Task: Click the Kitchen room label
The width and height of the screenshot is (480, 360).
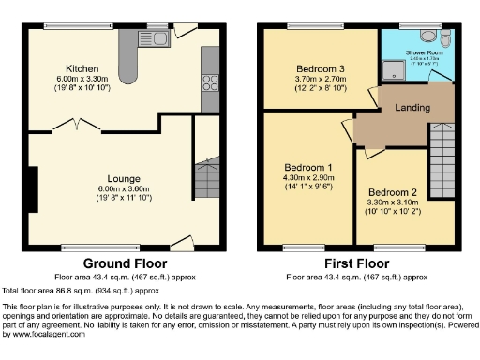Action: click(82, 68)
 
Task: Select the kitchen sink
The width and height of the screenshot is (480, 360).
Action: click(154, 37)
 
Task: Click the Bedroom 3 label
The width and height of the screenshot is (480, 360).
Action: click(321, 69)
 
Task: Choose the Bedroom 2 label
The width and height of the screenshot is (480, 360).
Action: click(392, 188)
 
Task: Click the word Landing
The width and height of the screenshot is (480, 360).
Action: click(410, 107)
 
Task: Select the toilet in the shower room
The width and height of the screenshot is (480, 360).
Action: click(428, 37)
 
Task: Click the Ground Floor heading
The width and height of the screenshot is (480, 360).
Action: click(119, 263)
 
